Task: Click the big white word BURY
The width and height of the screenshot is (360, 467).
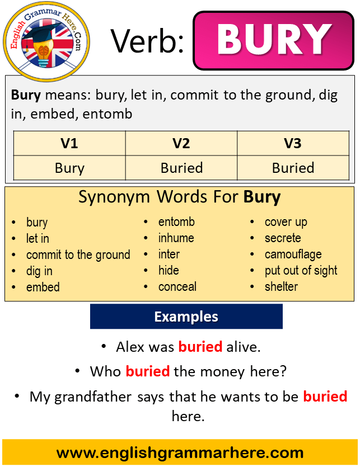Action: point(274,40)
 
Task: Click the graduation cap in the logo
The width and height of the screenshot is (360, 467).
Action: point(43,34)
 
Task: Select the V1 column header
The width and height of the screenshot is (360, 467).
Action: point(69,143)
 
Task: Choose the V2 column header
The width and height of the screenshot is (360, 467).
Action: point(181,143)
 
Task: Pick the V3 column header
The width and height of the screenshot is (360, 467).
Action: point(293,143)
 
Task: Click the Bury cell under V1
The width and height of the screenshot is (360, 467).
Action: point(69,168)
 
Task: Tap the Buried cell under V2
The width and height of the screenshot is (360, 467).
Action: point(181,168)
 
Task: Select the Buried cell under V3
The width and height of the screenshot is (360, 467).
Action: point(293,168)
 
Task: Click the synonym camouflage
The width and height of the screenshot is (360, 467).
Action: point(293,254)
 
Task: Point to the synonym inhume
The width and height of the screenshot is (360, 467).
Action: point(176,238)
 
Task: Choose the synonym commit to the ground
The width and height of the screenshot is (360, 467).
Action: point(78,255)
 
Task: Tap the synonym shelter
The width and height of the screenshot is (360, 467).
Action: point(281,286)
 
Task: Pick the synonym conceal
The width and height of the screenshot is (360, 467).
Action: point(177,287)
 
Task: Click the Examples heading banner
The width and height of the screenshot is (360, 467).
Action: point(186,317)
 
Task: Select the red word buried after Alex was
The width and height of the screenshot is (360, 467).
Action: point(200,347)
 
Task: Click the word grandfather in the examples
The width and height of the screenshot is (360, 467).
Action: point(93,397)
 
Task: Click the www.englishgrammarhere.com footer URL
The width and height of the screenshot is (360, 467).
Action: point(180,453)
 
